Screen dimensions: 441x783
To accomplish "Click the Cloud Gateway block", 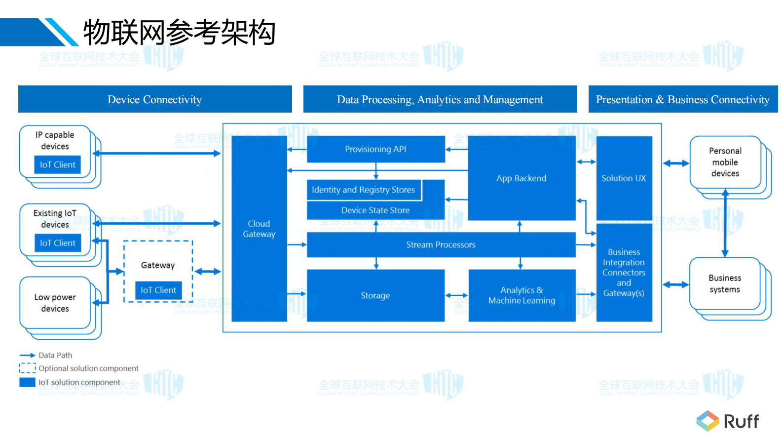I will [259, 229].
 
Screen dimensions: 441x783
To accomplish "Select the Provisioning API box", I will [375, 149].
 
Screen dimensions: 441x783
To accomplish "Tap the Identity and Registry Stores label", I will [364, 190].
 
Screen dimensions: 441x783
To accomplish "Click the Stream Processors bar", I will [441, 245].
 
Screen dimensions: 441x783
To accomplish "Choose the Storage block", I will [375, 295].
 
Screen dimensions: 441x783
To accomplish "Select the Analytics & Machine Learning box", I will [522, 295].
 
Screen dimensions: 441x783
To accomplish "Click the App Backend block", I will [521, 178].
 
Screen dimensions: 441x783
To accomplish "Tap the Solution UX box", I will [624, 178].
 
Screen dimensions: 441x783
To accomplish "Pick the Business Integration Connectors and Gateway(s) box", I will [624, 273].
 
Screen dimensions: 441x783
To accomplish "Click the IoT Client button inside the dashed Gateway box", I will [158, 290].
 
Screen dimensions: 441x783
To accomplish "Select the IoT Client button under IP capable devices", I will [58, 165].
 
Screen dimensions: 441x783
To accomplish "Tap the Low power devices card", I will [55, 303].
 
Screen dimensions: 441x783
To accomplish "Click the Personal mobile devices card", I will [725, 162].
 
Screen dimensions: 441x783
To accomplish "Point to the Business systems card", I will [724, 283].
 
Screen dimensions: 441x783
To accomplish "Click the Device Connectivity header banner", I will [155, 99].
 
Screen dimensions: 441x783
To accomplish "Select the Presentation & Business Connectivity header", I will [682, 99].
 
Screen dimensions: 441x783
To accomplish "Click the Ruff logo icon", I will [708, 421].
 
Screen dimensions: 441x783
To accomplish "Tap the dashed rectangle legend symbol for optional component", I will [27, 368].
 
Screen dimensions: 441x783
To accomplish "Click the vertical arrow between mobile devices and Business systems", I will [725, 223].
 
